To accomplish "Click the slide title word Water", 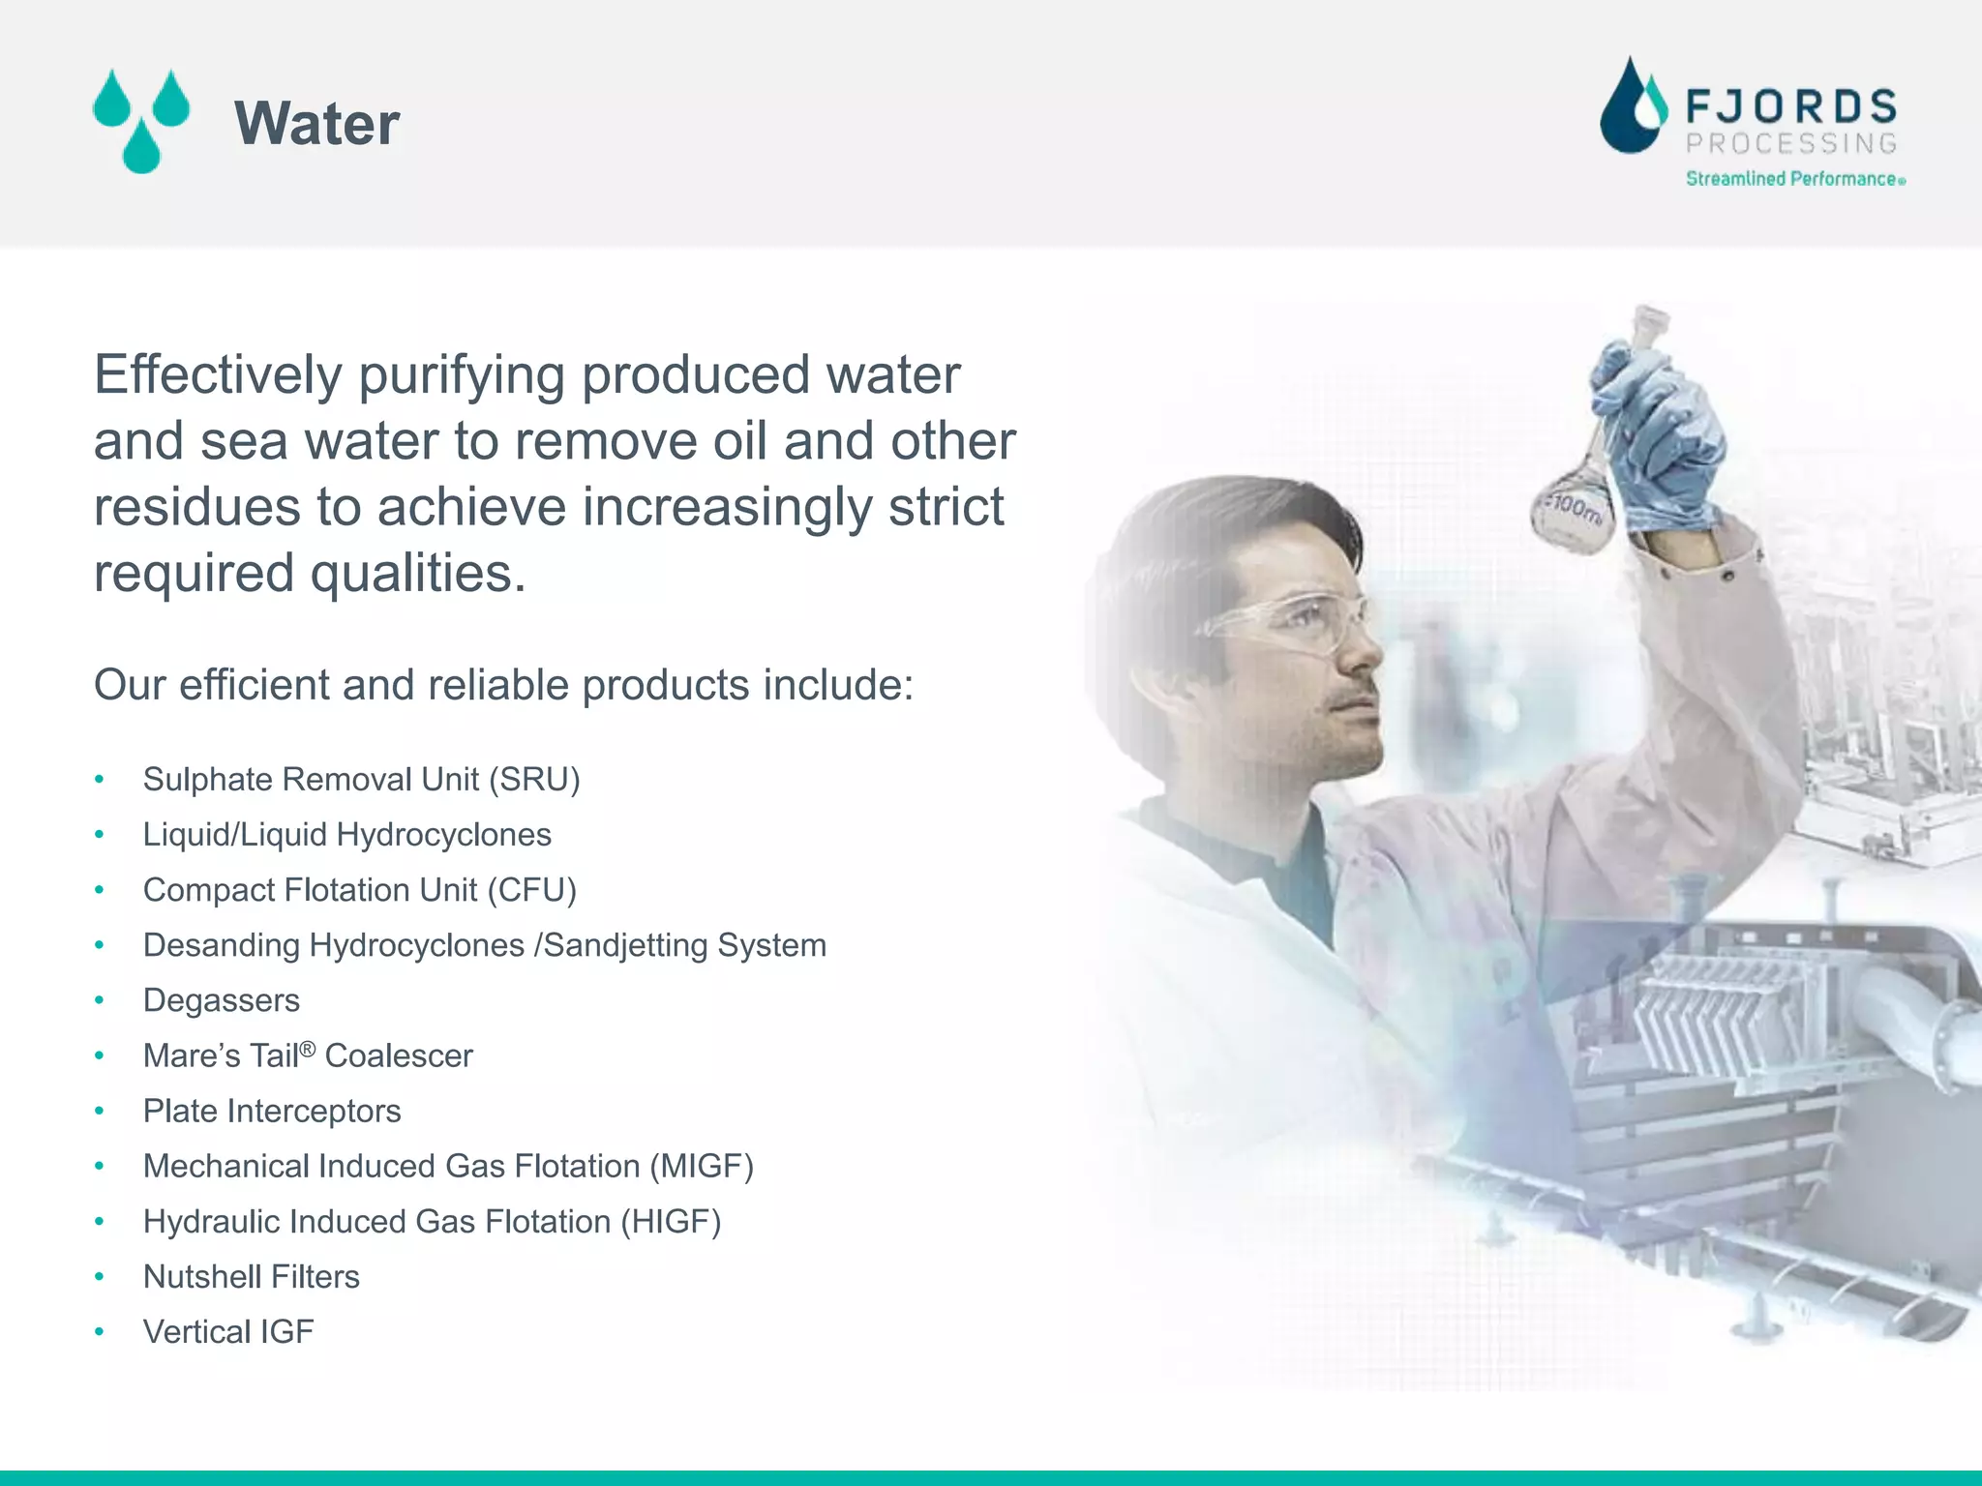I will point(316,124).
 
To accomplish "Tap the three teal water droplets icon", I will point(141,121).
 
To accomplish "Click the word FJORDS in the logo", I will point(1791,106).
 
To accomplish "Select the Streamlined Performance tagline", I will point(1792,179).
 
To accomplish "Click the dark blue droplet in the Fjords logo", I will point(1631,111).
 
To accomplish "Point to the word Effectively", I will point(218,375).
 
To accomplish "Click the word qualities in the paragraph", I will point(417,574).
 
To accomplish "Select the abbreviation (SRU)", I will point(533,780).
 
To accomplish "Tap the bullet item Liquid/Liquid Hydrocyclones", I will point(346,835).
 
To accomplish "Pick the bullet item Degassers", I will point(222,1000).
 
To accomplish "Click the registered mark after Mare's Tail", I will point(308,1049).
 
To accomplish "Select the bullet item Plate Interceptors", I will point(272,1111).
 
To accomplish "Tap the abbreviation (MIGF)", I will point(701,1166).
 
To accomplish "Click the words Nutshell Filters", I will point(251,1277).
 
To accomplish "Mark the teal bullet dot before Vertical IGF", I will point(100,1332).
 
